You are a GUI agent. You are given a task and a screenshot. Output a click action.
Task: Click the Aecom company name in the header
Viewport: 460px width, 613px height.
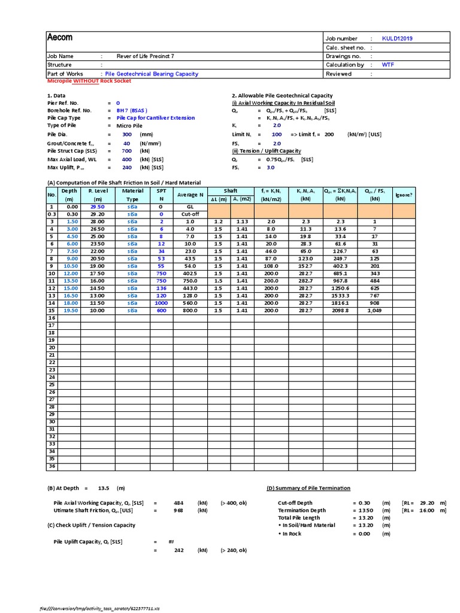[60, 38]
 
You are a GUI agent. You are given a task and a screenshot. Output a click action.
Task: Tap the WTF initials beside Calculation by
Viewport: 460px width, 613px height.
[389, 65]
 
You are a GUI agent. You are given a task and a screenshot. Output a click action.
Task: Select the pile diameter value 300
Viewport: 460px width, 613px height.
[126, 135]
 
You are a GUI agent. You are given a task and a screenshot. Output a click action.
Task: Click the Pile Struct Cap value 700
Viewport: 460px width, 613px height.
[126, 151]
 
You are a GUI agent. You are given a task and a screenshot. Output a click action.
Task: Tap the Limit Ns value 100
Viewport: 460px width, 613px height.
[276, 135]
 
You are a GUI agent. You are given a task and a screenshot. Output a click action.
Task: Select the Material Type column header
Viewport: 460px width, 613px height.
[132, 195]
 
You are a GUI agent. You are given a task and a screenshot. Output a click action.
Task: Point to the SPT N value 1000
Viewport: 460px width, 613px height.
[161, 304]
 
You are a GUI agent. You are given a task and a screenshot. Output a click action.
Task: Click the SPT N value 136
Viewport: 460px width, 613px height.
[161, 289]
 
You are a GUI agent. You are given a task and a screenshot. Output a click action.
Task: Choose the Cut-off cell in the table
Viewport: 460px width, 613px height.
[190, 214]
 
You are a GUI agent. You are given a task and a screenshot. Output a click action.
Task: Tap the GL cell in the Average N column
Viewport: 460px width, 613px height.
[190, 206]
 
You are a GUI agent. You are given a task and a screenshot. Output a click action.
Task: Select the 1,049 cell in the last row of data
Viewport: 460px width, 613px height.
[374, 311]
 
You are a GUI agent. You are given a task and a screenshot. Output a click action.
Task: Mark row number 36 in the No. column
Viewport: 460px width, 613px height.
[52, 466]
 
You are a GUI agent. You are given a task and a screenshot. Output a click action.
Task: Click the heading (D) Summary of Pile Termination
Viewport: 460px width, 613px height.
[308, 488]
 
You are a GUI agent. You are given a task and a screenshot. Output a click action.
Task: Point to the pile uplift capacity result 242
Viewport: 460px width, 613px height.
[178, 550]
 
